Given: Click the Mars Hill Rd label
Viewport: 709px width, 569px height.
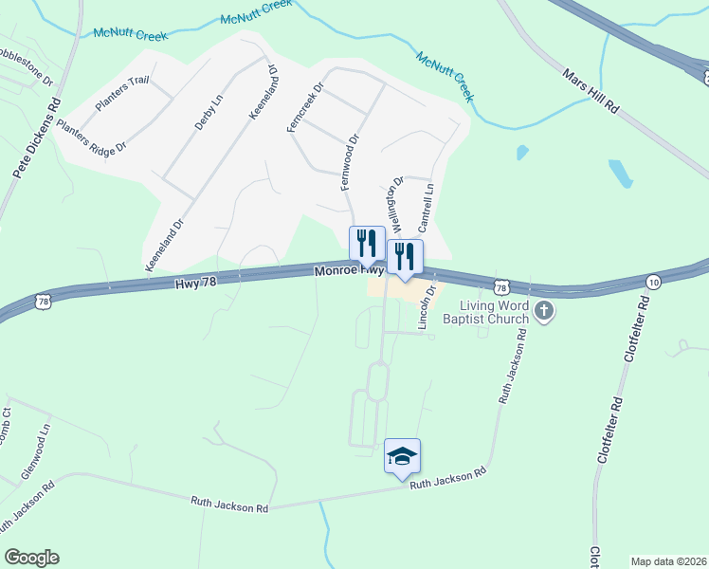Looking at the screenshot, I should pos(591,91).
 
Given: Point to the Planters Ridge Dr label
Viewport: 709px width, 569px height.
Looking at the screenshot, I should pos(91,137).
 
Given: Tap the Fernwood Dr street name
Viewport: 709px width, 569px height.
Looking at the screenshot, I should pos(354,152).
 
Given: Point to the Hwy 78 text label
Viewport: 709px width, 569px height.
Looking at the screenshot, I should pos(197,282).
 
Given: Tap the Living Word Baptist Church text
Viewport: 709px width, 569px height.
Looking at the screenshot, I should pos(494,312).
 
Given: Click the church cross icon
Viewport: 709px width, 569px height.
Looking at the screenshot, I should pos(544,311).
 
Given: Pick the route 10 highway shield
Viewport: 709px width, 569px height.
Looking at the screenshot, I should pos(653,282).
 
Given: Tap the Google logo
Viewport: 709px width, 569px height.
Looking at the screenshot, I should pos(31,558).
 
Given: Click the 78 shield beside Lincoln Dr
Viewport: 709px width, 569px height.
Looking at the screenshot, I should pos(500,285).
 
